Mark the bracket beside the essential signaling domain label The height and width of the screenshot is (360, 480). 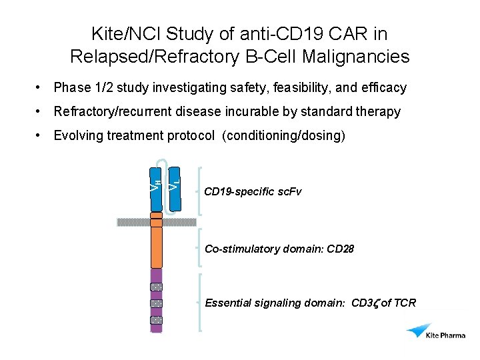pos(200,301)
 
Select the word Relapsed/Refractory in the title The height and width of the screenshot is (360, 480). pos(151,57)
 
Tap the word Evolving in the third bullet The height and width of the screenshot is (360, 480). pos(77,135)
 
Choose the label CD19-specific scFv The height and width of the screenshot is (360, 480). pos(253,192)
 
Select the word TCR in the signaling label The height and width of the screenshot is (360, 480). pos(403,303)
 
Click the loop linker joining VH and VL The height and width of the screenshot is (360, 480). pos(165,163)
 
